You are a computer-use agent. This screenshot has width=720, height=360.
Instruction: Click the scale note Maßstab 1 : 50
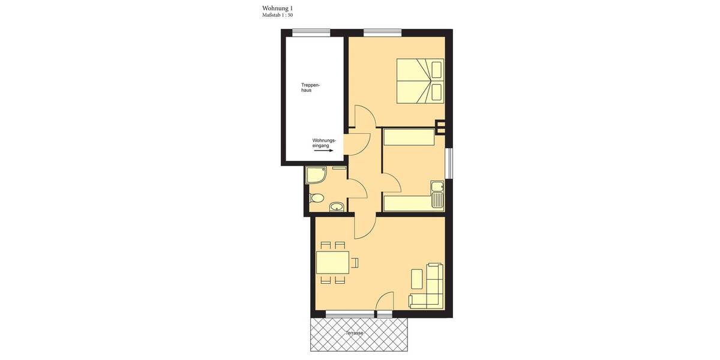278,14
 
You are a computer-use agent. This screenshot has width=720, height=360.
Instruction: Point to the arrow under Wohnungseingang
323,151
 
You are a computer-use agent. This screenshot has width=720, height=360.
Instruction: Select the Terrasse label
354,333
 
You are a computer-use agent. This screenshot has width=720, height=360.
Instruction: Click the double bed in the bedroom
419,81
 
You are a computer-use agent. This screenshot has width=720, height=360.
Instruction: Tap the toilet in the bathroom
316,199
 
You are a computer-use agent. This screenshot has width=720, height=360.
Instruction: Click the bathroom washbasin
337,207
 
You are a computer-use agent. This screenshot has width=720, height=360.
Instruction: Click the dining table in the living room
332,263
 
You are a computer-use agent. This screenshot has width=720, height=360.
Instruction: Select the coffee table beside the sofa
416,280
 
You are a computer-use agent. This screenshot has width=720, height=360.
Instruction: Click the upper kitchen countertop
409,137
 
